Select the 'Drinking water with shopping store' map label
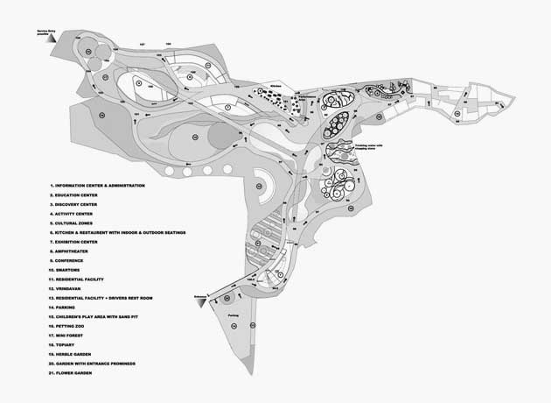(x=373, y=146)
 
